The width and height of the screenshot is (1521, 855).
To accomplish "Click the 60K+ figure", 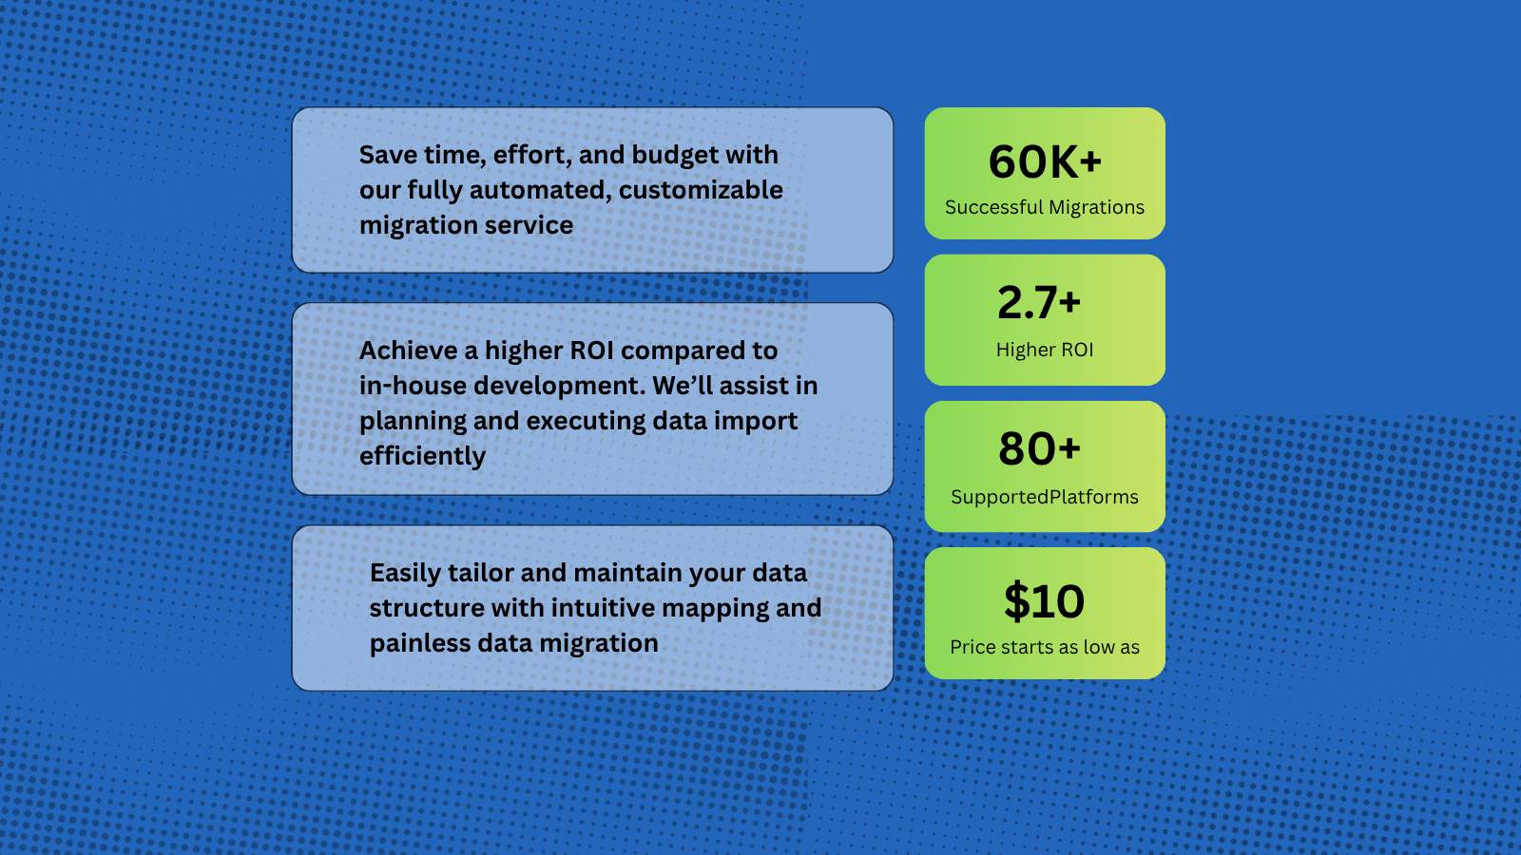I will [x=1045, y=162].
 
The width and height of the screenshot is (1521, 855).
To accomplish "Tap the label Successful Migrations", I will [x=1045, y=207].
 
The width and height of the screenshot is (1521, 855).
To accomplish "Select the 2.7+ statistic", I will [x=1039, y=303].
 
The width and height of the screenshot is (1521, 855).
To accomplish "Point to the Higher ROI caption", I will [x=1045, y=350].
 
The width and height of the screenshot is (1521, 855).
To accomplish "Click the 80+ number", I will [x=1039, y=448].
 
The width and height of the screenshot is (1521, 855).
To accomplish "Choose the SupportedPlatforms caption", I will [x=1045, y=497].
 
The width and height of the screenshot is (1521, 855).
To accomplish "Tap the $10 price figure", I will [x=1044, y=601].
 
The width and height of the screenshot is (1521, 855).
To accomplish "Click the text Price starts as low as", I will [x=1045, y=647].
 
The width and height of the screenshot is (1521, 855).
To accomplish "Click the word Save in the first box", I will [x=388, y=155].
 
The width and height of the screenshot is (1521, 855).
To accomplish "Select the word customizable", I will [x=701, y=190].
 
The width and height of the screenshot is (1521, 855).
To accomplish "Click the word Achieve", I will [x=408, y=351].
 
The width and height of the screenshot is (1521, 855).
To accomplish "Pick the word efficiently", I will [x=422, y=456].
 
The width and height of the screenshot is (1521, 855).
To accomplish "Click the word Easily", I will [x=405, y=573].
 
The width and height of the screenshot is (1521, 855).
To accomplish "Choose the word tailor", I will [x=480, y=573].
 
